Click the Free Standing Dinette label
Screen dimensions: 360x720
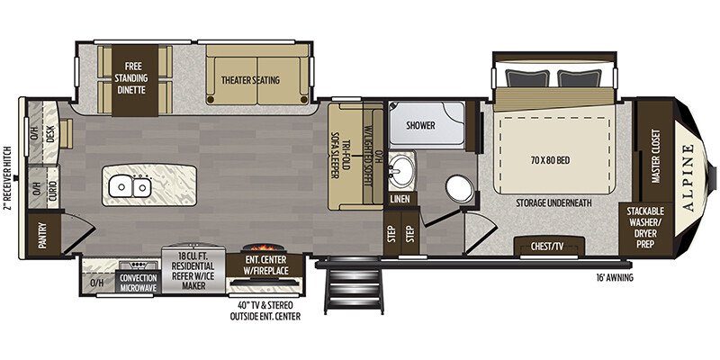click(x=134, y=79)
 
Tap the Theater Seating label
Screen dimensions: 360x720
click(x=251, y=80)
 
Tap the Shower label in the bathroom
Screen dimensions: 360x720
click(x=420, y=125)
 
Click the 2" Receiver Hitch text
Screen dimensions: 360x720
click(x=7, y=180)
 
